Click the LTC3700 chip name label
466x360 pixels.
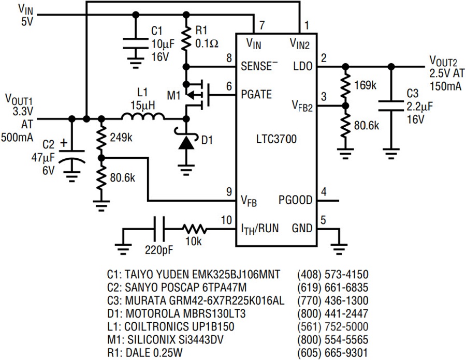pyautogui.click(x=276, y=139)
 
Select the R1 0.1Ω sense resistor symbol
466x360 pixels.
pyautogui.click(x=186, y=38)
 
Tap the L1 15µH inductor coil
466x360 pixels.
pyautogui.click(x=143, y=116)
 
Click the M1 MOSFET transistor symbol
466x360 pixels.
pyautogui.click(x=196, y=94)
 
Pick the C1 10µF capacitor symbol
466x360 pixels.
pyautogui.click(x=136, y=43)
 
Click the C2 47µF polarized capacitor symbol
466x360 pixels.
pyautogui.click(x=71, y=156)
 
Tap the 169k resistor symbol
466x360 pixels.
pyautogui.click(x=345, y=86)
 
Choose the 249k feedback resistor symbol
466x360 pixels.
pyautogui.click(x=101, y=138)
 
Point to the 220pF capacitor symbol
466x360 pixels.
pyautogui.click(x=159, y=229)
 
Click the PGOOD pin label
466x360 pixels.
pyautogui.click(x=296, y=200)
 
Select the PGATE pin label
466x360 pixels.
pyautogui.click(x=256, y=95)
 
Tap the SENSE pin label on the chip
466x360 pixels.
pyautogui.click(x=256, y=66)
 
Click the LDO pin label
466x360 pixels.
pyautogui.click(x=303, y=66)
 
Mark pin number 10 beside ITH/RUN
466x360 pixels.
pyautogui.click(x=226, y=220)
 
